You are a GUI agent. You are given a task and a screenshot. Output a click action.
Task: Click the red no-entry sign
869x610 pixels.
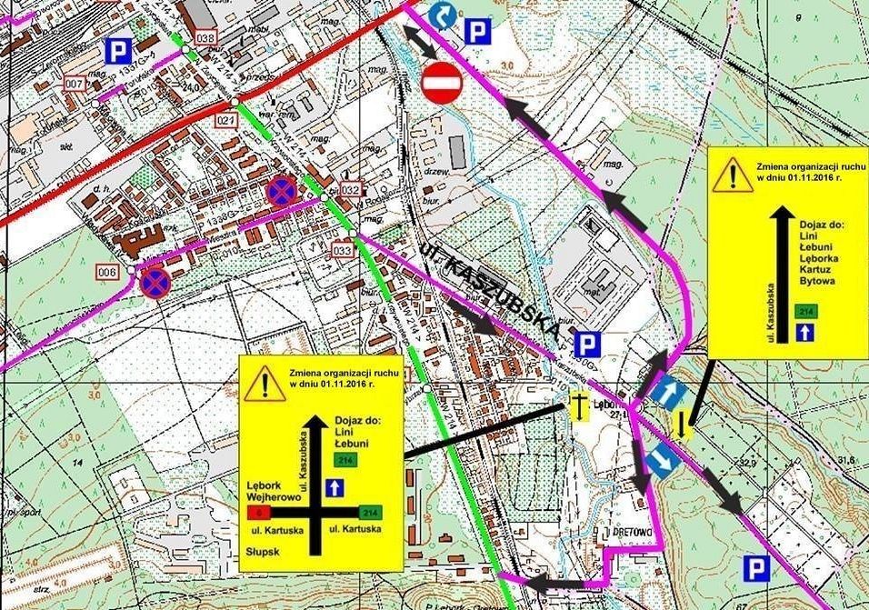coord(442,83)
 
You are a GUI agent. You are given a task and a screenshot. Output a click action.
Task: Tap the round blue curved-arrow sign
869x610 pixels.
coord(442,15)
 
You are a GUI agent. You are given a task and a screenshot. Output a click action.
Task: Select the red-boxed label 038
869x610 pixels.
coord(205,38)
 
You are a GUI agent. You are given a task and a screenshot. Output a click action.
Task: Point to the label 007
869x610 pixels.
coord(76,85)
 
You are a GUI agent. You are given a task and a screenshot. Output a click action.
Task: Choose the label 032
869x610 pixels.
coord(351,189)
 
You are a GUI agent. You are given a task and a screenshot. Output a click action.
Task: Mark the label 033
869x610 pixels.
coord(342,250)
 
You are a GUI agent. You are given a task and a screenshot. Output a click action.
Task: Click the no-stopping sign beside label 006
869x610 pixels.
coord(154,284)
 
